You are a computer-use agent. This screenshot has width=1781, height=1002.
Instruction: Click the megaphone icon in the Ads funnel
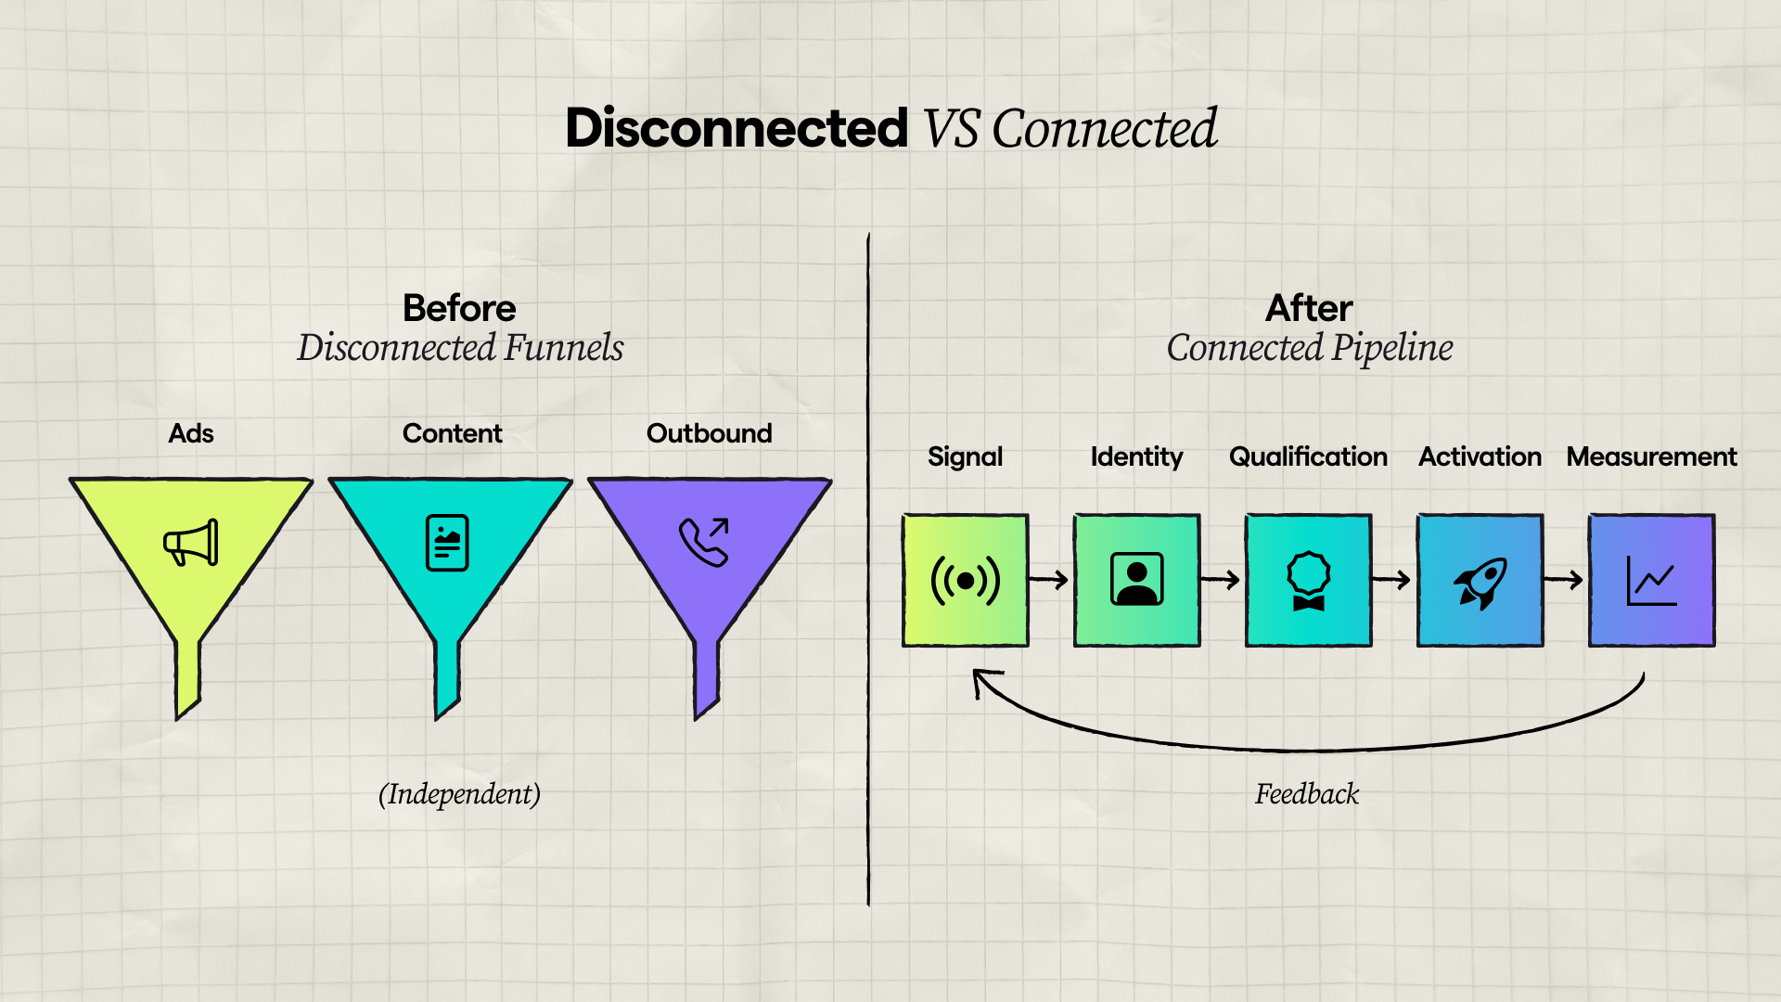point(191,543)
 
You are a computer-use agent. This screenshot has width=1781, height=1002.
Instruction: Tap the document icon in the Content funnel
point(447,543)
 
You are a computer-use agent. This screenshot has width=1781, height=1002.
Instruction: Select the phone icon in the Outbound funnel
point(705,542)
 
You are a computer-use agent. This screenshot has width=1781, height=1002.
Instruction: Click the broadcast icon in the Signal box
point(966,581)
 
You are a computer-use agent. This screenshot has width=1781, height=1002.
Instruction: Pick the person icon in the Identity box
point(1136,580)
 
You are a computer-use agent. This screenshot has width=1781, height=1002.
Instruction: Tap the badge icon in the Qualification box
point(1308,581)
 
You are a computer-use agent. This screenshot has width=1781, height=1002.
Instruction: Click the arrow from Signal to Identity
point(1050,580)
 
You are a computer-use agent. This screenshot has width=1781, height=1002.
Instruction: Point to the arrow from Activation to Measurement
point(1565,580)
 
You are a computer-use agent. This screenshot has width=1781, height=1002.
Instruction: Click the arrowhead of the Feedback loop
point(981,679)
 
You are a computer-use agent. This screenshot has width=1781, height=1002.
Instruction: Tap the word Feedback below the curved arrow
point(1306,794)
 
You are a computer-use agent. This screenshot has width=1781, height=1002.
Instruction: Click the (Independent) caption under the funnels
point(459,794)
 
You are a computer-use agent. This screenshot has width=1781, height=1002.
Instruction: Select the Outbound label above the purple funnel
point(709,433)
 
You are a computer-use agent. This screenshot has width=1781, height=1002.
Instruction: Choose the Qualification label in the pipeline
point(1308,456)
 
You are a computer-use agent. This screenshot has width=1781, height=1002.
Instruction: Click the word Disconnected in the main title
point(737,128)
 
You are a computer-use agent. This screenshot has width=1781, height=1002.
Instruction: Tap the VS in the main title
point(951,128)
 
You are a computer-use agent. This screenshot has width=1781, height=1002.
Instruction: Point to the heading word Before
point(459,308)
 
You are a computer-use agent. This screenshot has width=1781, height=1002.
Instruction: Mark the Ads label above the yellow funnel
point(191,433)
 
